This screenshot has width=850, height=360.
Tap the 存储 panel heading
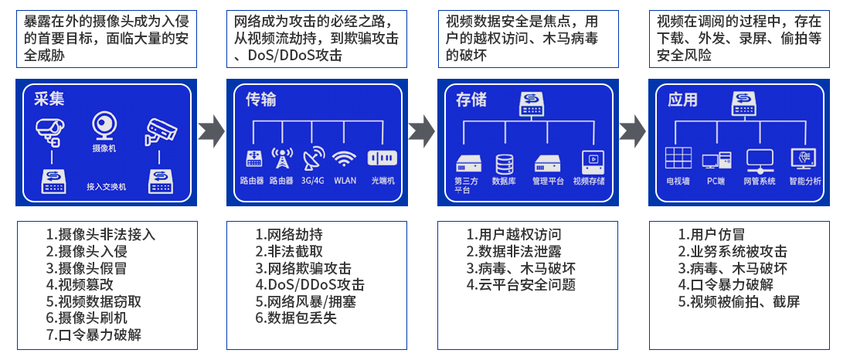tap(471, 100)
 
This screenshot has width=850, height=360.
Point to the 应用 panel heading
tap(682, 100)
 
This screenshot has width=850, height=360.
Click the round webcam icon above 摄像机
tap(104, 126)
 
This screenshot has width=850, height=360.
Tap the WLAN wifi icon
tap(345, 158)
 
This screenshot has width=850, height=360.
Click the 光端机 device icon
tap(382, 158)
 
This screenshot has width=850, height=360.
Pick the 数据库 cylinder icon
tap(505, 164)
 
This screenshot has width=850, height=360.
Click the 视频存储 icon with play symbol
tap(592, 162)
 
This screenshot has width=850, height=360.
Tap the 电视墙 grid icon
tap(678, 158)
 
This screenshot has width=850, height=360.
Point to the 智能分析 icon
tap(804, 159)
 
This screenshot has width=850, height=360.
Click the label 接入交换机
tap(107, 187)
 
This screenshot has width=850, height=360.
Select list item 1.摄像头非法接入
tap(100, 234)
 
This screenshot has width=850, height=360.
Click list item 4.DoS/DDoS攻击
tap(303, 284)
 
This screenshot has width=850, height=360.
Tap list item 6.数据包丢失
tap(296, 318)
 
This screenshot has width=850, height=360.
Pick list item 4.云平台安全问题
tap(521, 284)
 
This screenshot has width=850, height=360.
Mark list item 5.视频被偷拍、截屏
tap(739, 301)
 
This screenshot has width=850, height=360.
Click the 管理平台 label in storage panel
tap(548, 182)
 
